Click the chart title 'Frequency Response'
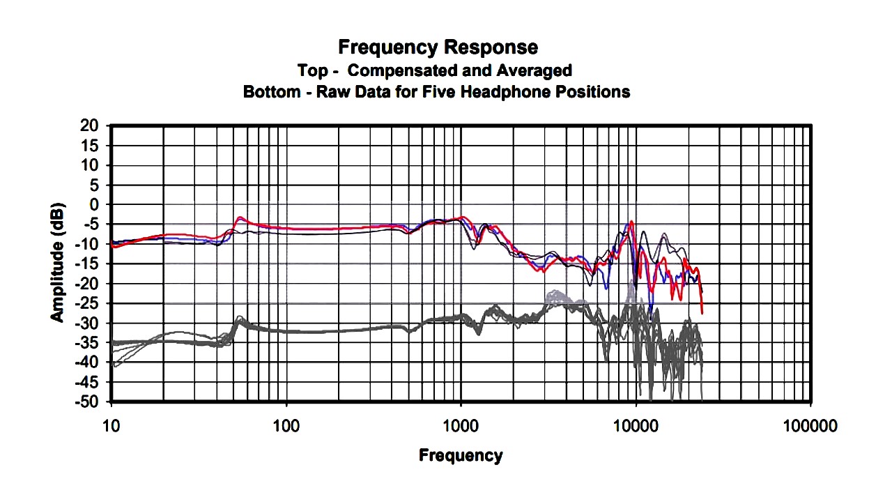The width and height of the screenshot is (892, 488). point(438,47)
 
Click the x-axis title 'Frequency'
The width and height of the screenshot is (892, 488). point(460,456)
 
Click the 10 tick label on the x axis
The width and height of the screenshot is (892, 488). point(111,425)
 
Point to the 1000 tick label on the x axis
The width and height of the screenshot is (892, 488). point(461,425)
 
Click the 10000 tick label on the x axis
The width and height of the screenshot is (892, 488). point(635,425)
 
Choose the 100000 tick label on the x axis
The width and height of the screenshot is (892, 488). point(810,425)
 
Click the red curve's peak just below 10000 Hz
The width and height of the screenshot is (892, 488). point(631,222)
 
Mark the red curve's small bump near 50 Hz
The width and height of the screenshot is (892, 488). point(240,218)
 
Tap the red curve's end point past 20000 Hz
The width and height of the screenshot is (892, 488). point(702,312)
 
